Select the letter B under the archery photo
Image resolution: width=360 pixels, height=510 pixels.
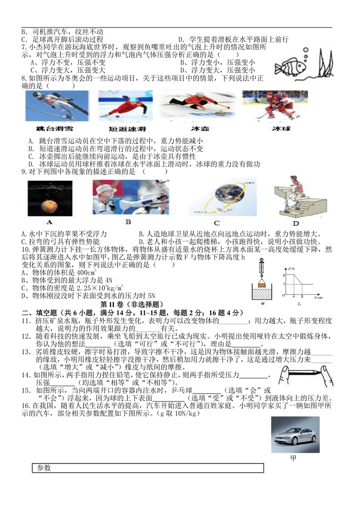pos(128,222)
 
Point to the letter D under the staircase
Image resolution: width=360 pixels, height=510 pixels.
pos(295,223)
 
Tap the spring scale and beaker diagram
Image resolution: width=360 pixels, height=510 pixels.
pos(262,278)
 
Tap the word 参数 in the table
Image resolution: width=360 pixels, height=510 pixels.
pos(44,468)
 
